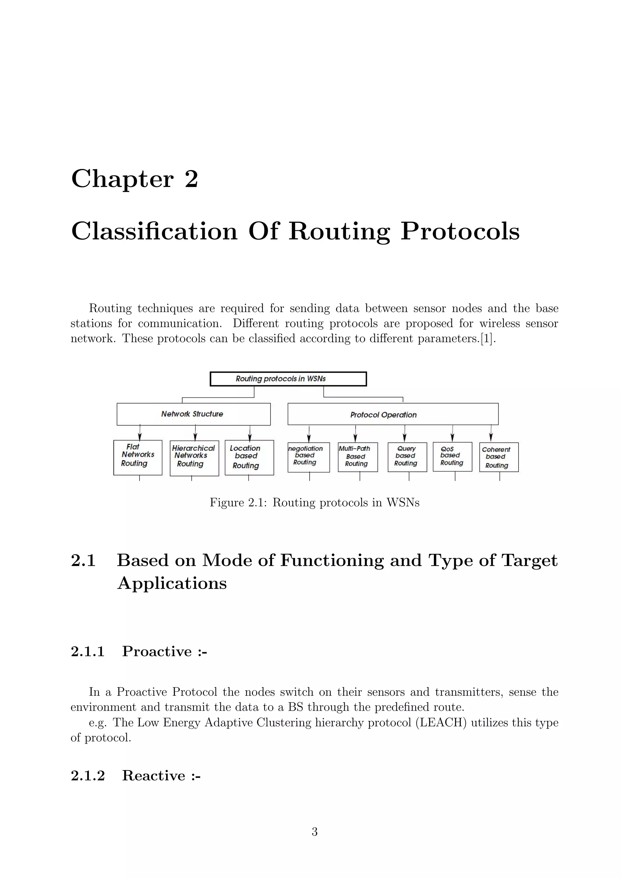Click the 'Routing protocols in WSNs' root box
point(288,379)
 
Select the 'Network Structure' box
point(193,414)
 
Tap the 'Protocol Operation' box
point(393,414)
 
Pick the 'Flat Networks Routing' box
point(138,457)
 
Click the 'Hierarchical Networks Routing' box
point(194,458)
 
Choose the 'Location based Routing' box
point(249,457)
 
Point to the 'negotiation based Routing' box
point(309,457)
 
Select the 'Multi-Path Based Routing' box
point(357,457)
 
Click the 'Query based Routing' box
point(407,457)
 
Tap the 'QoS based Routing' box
point(452,457)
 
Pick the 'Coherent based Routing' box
point(498,457)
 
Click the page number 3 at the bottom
point(314,831)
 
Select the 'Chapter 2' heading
point(135,179)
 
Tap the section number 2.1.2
point(88,776)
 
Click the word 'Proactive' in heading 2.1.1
point(157,651)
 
